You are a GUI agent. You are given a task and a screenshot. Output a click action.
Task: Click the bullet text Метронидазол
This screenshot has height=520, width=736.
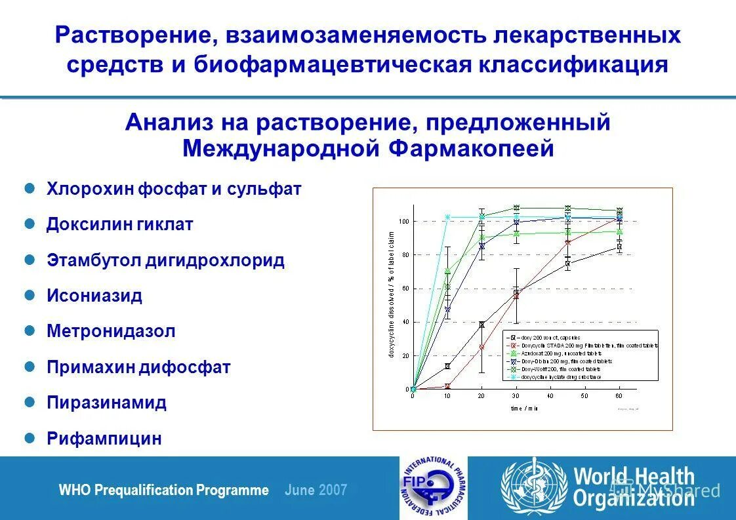111,331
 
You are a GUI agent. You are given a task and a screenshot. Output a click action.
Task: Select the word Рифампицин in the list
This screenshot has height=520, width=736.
104,439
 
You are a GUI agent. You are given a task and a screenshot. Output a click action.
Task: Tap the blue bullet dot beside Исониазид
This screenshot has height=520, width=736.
29,295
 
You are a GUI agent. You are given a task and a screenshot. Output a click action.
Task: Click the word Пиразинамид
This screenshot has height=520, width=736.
106,403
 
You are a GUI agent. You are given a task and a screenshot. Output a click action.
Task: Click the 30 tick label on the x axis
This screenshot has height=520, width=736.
516,397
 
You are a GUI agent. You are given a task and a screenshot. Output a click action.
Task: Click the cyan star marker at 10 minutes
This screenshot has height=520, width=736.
447,217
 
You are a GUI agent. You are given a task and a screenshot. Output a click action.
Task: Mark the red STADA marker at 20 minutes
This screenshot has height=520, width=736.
481,347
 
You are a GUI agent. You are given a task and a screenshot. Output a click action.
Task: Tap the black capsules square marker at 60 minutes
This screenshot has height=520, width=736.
619,247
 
